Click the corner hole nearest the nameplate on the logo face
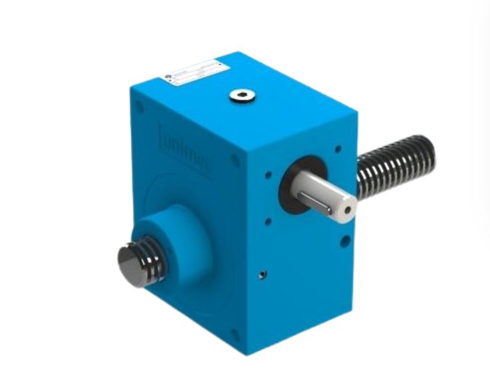click(139, 106)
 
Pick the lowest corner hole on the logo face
click(234, 333)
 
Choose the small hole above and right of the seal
click(338, 150)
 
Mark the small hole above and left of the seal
click(267, 175)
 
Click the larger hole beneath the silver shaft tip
click(344, 241)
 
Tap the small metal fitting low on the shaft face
click(263, 274)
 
